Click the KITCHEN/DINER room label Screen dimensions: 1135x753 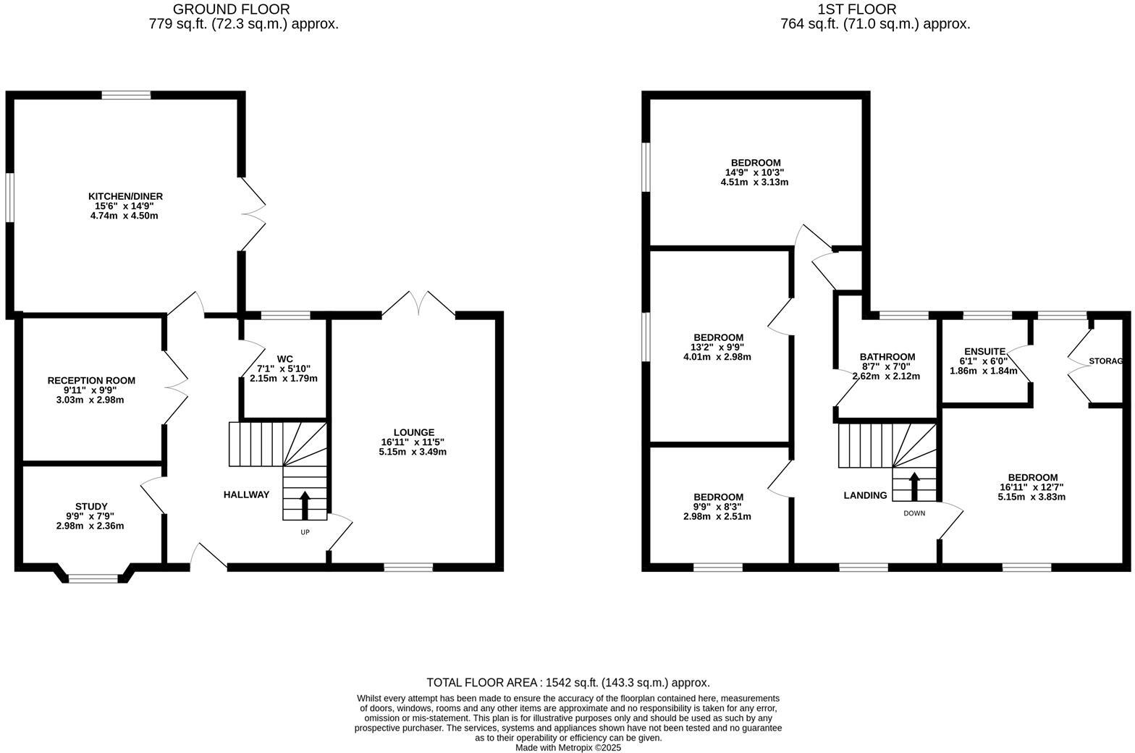point(125,196)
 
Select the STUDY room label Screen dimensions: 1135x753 point(91,506)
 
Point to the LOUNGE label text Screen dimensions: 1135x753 point(413,432)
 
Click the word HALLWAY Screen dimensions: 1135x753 point(246,495)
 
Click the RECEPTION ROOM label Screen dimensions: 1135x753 point(91,380)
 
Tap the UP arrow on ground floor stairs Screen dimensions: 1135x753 point(305,505)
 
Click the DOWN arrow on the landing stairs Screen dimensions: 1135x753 point(914,486)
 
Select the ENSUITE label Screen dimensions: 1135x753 point(984,351)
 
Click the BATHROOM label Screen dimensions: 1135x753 point(887,357)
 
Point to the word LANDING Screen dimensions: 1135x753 point(865,495)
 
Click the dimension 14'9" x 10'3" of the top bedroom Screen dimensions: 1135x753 point(755,172)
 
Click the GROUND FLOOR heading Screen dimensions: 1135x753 point(231,9)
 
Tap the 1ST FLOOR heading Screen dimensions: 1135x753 point(857,9)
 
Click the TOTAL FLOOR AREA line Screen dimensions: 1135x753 point(567,682)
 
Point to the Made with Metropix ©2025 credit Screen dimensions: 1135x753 point(567,748)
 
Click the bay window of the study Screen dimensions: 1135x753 point(93,577)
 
